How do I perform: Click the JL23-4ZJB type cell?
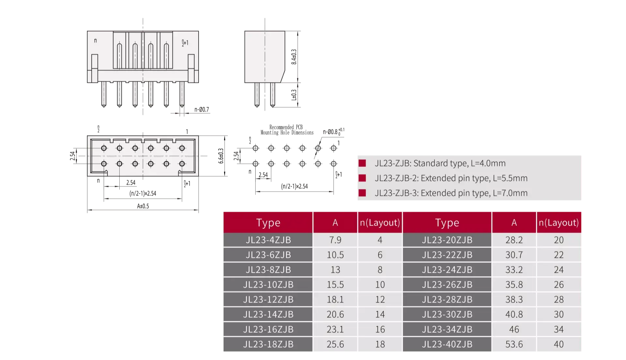tap(268, 240)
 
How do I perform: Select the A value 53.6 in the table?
tap(514, 344)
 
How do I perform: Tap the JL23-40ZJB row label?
tap(447, 344)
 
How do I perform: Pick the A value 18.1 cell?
tap(335, 300)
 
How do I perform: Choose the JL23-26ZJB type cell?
tap(447, 285)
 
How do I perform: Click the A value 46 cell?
tap(514, 329)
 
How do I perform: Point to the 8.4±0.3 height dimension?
tap(294, 57)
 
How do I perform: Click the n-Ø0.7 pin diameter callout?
tap(201, 110)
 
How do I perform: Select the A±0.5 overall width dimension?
tap(143, 206)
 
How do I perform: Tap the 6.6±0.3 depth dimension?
tap(221, 156)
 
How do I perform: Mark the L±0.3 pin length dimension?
tap(294, 95)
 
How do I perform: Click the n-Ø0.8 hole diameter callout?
tap(334, 132)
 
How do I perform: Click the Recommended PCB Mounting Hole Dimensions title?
tap(287, 130)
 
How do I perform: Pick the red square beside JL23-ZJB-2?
tap(362, 178)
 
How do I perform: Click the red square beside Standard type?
tap(362, 163)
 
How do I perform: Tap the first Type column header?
tap(268, 223)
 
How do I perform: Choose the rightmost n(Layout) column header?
tap(559, 223)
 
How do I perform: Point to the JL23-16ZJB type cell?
tap(268, 329)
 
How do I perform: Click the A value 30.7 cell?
tap(514, 255)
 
